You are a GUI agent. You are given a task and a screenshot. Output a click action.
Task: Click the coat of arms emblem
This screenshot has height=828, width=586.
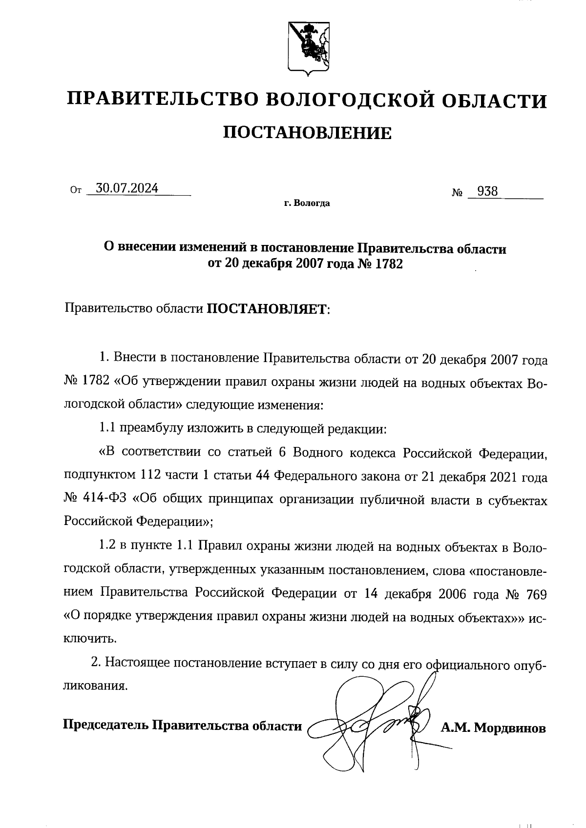(x=307, y=48)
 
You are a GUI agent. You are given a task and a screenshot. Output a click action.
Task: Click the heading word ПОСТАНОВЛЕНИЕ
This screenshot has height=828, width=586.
(x=307, y=133)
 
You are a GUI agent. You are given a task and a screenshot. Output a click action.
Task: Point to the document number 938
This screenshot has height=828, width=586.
(x=487, y=192)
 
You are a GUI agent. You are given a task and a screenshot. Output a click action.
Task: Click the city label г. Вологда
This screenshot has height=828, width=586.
(x=307, y=203)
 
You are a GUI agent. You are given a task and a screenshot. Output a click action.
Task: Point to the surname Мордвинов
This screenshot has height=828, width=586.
(x=510, y=728)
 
